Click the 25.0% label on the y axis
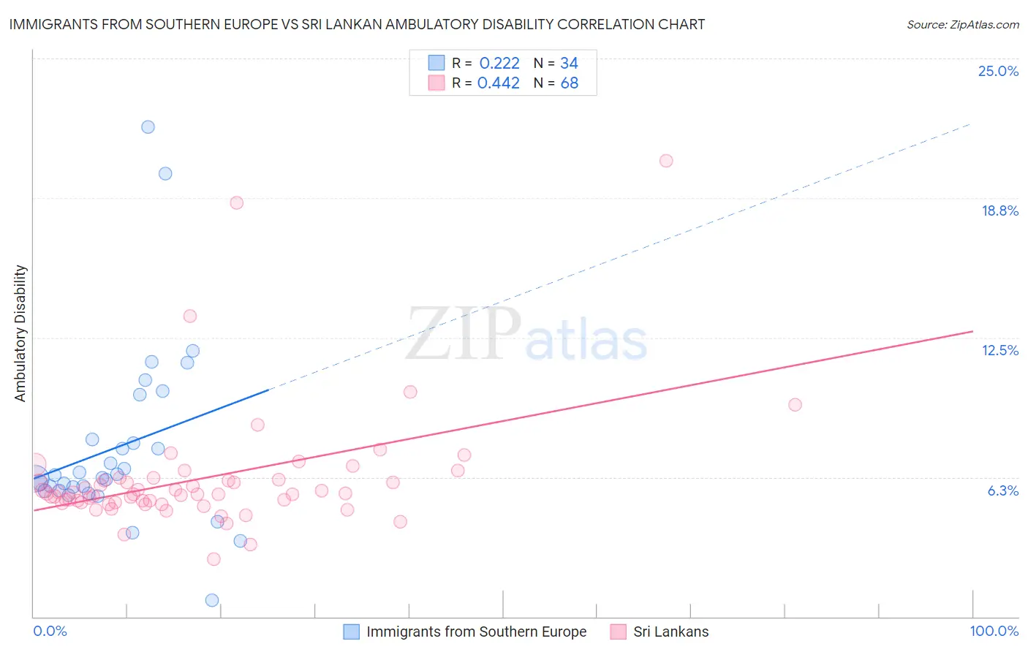point(998,71)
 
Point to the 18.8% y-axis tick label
point(999,211)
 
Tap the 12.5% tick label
point(999,350)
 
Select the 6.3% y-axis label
point(1002,490)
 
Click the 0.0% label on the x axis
point(50,631)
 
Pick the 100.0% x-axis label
point(994,631)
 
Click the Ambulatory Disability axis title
point(20,333)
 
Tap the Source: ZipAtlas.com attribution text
point(962,24)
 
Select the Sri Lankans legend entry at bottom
point(670,632)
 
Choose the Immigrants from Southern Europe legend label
point(476,632)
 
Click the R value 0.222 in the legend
point(499,63)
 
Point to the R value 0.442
point(498,83)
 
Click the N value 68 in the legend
point(569,83)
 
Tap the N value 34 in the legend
point(569,63)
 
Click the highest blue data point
point(148,126)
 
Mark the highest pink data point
point(666,161)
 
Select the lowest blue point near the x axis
point(212,600)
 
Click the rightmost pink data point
point(795,404)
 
